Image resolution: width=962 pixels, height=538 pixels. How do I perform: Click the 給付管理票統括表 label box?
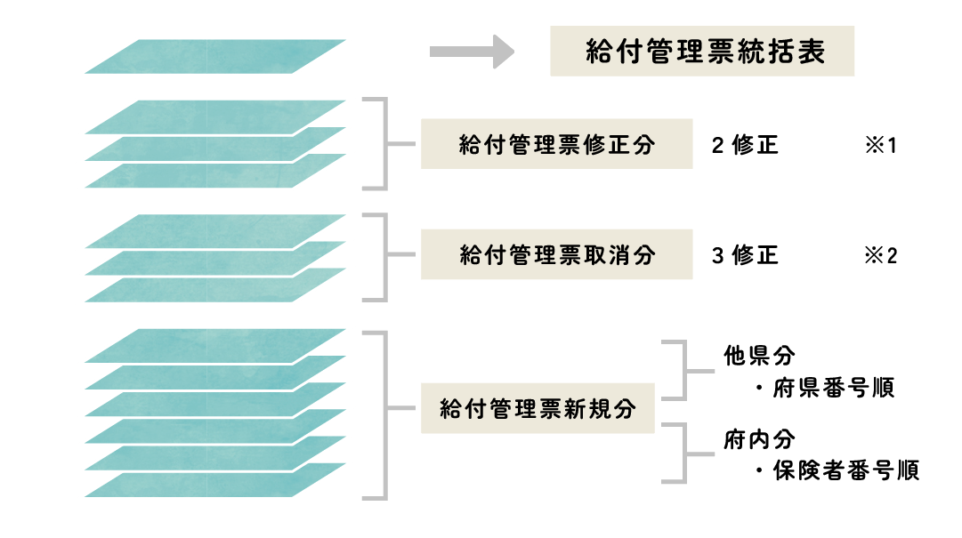702,52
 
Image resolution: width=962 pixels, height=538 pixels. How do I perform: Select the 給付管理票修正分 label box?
556,144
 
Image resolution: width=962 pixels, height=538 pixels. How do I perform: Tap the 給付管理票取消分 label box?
556,255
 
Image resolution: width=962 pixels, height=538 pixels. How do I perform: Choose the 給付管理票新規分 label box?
538,409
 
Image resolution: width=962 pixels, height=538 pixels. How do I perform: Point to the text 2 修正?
745,145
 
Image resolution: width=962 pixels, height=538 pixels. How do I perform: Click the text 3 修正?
745,256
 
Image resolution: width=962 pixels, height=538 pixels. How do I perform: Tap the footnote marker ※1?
880,145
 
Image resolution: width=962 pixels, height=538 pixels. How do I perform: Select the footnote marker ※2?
880,256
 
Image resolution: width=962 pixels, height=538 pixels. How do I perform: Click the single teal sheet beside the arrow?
215,56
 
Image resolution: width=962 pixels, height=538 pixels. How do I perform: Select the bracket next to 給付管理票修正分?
384,144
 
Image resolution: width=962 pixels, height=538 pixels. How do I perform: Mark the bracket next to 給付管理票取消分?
384,256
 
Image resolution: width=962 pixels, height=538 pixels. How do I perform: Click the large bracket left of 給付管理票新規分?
384,414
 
